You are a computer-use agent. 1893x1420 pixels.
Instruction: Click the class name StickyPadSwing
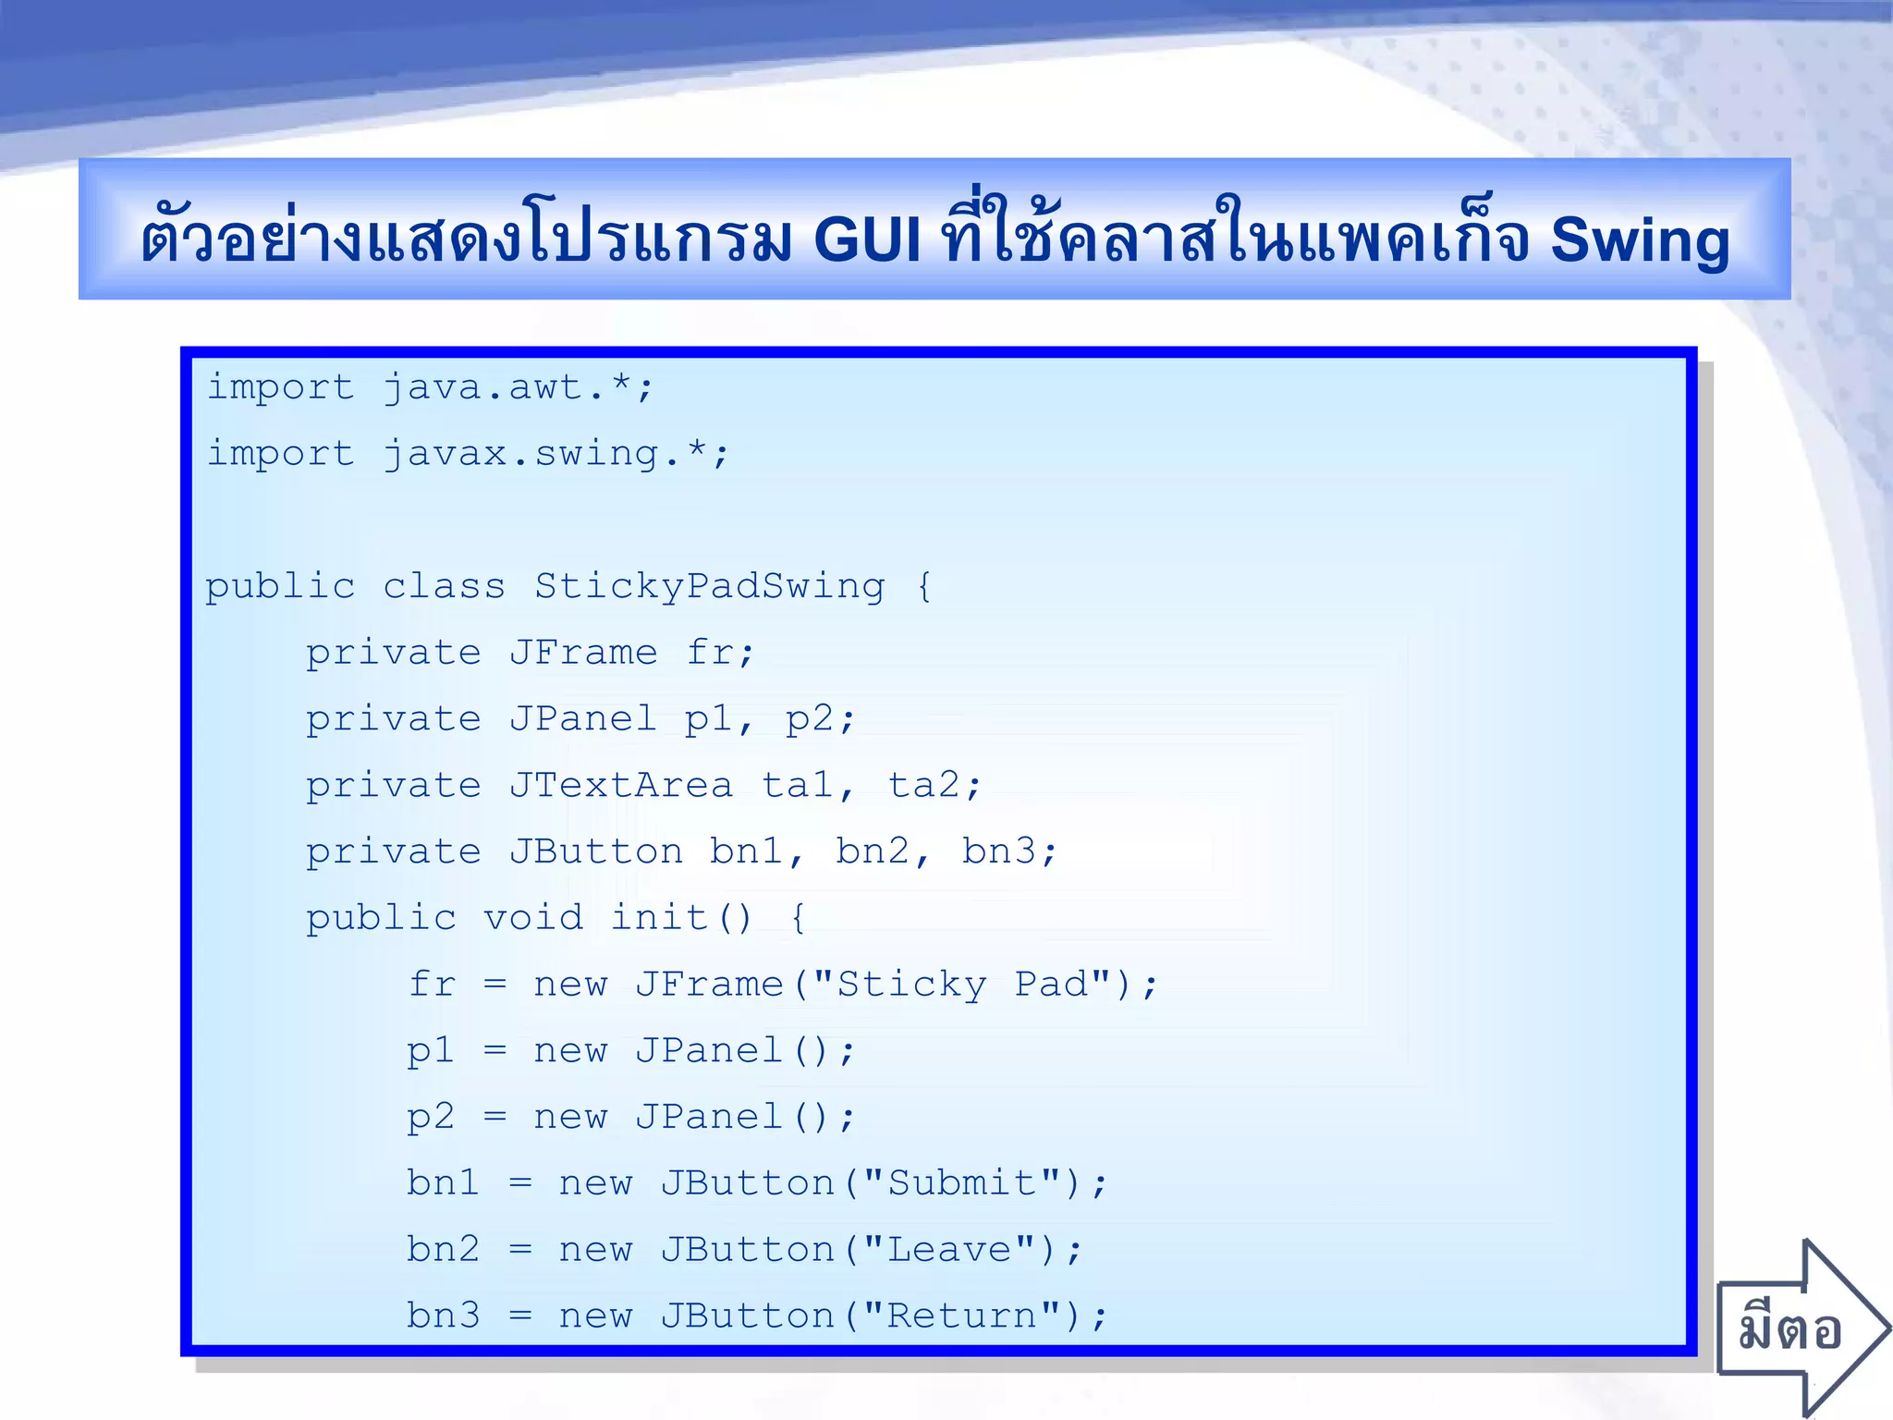709,586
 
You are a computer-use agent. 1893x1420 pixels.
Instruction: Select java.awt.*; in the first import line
519,387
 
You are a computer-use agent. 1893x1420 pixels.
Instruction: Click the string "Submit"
961,1183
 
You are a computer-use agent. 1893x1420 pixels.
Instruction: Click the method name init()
682,918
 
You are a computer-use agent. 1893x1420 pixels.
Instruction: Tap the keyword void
533,918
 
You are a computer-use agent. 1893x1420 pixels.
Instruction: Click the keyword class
444,586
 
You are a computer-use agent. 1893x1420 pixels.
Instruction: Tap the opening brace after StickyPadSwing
924,586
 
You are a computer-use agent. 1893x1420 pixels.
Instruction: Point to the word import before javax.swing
280,454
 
